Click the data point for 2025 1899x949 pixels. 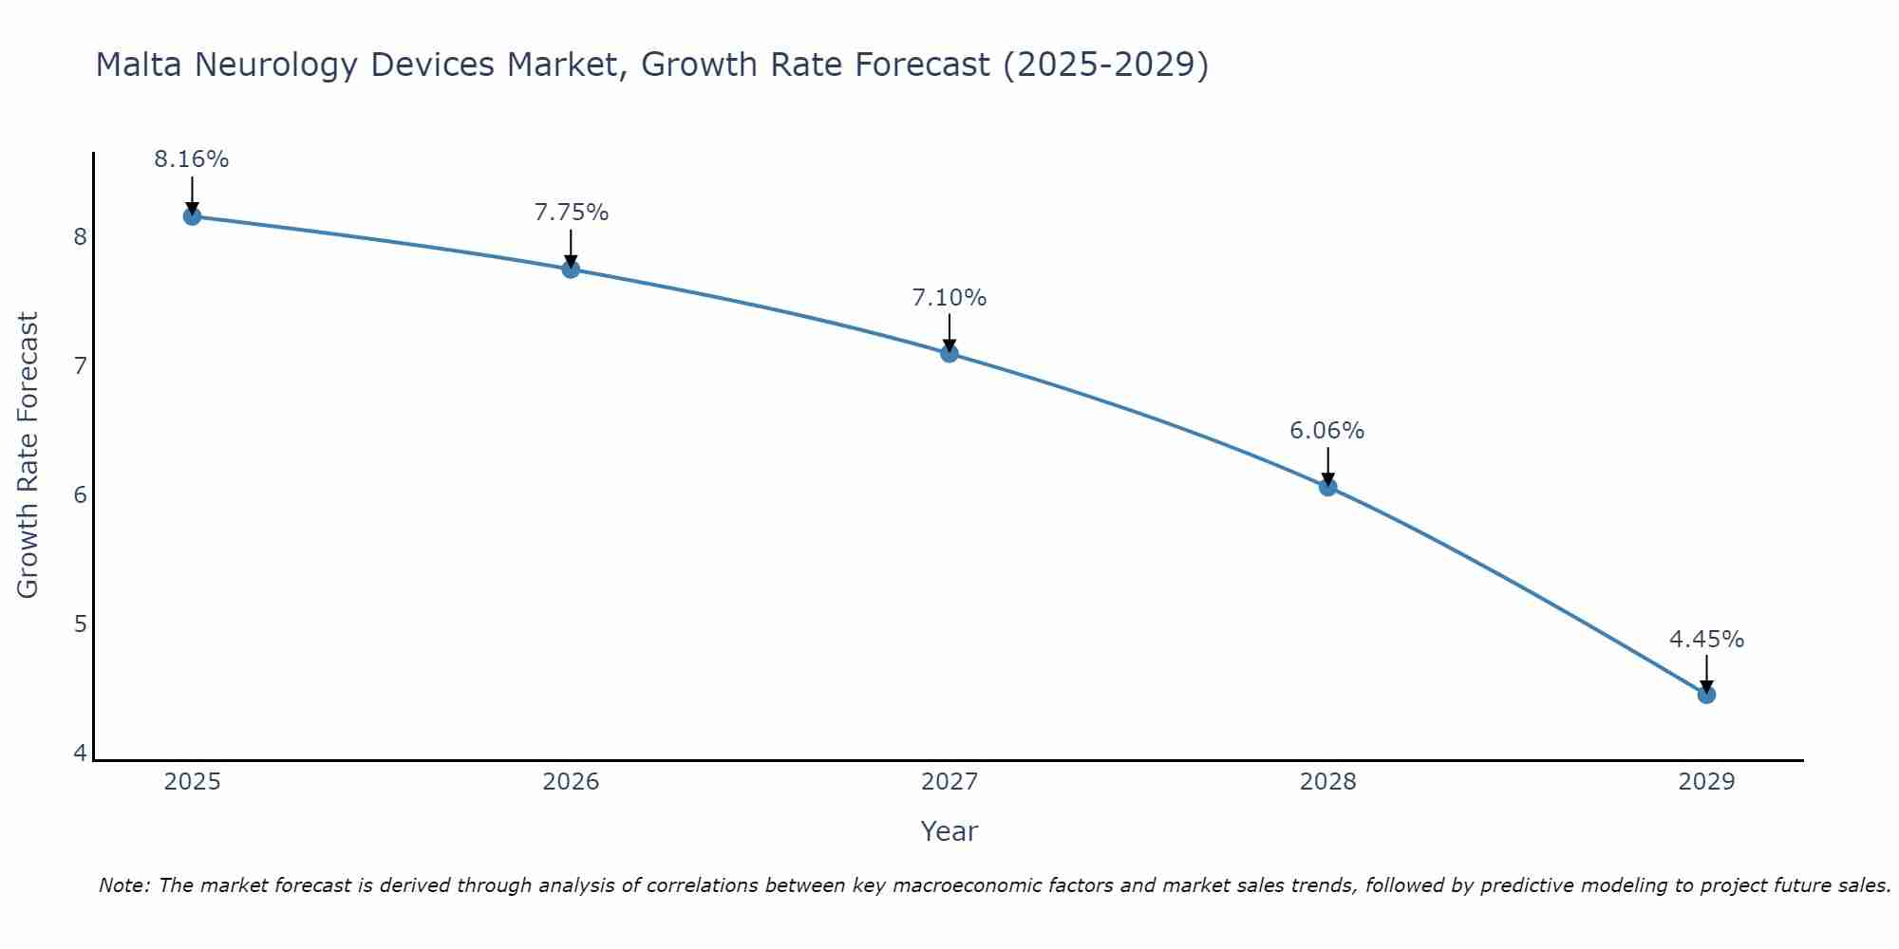pyautogui.click(x=192, y=216)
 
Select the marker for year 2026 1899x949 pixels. pyautogui.click(x=571, y=270)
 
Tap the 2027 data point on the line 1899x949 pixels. pyautogui.click(x=949, y=354)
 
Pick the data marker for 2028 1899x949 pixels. pyautogui.click(x=1327, y=488)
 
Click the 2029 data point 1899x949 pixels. pyautogui.click(x=1706, y=695)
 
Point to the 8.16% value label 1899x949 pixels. pyautogui.click(x=192, y=159)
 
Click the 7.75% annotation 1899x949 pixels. pyautogui.click(x=571, y=213)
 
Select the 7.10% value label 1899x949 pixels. pyautogui.click(x=949, y=298)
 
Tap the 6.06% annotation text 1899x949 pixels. pyautogui.click(x=1327, y=431)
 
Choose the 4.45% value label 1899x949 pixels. pyautogui.click(x=1706, y=640)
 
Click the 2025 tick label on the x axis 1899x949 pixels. pyautogui.click(x=192, y=782)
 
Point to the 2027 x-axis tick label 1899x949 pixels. pyautogui.click(x=949, y=782)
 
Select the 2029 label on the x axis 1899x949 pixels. pyautogui.click(x=1706, y=782)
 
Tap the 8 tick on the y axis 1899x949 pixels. pyautogui.click(x=81, y=236)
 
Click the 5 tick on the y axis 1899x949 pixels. pyautogui.click(x=81, y=624)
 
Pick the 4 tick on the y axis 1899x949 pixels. pyautogui.click(x=81, y=754)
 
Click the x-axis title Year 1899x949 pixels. pyautogui.click(x=949, y=831)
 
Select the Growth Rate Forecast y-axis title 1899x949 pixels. pyautogui.click(x=28, y=456)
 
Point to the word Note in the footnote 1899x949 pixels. pyautogui.click(x=123, y=885)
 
